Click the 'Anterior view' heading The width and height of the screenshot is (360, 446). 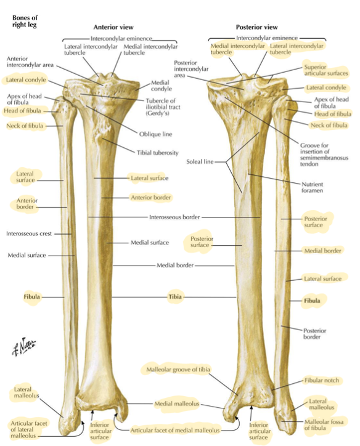[x=113, y=27]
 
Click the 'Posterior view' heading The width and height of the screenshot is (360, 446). [x=256, y=27]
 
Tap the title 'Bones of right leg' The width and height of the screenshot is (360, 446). [x=25, y=22]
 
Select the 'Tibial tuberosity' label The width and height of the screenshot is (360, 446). [x=158, y=153]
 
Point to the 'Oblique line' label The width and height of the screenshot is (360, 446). [x=156, y=134]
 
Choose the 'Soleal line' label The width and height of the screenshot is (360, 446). [x=200, y=161]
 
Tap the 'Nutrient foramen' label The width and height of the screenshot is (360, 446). [x=312, y=187]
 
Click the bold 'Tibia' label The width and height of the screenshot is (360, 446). [x=175, y=297]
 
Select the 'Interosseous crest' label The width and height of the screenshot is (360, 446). [x=29, y=233]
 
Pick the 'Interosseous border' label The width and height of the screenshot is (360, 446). [x=174, y=217]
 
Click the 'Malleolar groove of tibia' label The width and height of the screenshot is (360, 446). [x=178, y=370]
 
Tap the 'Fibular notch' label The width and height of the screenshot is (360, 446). [x=322, y=380]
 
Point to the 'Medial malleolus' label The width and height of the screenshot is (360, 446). [x=177, y=403]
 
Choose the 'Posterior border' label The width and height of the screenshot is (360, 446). [x=315, y=334]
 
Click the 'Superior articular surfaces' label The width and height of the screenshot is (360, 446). [x=326, y=70]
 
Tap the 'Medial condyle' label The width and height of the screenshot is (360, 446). [x=162, y=86]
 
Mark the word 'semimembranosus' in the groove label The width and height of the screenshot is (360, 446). [x=324, y=158]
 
